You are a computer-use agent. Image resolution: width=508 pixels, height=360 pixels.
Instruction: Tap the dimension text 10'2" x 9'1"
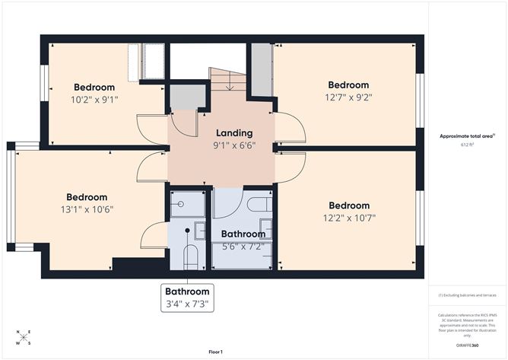[94, 99]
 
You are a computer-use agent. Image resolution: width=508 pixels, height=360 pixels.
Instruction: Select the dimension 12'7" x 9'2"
[348, 97]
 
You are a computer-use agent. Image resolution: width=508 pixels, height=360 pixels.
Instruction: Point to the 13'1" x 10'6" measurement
[86, 209]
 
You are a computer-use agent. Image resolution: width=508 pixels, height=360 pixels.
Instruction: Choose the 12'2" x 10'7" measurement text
[349, 218]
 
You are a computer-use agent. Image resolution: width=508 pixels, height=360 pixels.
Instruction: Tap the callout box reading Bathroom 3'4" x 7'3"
[187, 297]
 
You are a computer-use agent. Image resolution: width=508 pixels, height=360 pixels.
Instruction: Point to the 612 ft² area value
[467, 144]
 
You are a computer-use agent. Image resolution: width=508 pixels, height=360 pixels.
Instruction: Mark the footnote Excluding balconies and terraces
[466, 295]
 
